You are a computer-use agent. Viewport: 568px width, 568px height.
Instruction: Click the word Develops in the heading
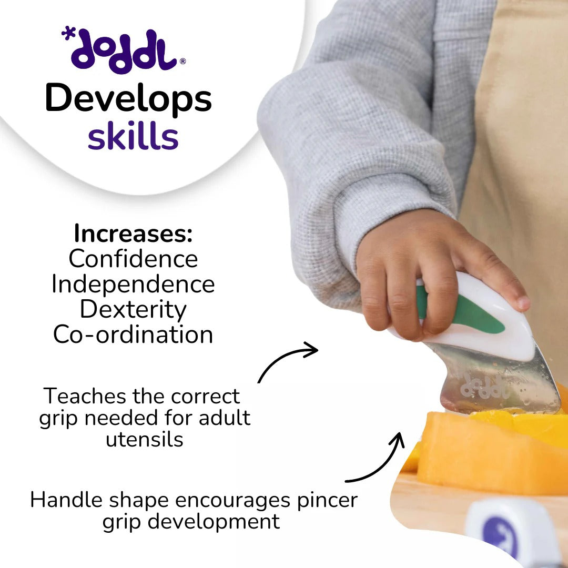tap(128, 99)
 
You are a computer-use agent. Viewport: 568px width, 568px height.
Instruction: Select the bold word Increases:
tap(133, 234)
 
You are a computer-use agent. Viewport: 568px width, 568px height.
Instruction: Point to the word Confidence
tap(133, 259)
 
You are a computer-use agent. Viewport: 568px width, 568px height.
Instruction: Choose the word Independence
tap(133, 284)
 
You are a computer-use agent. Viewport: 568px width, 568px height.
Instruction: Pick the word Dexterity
tap(133, 309)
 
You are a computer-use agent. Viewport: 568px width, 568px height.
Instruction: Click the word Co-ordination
tap(133, 334)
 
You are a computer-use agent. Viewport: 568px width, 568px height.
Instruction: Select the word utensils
tap(145, 439)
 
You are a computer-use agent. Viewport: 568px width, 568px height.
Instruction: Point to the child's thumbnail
tap(523, 302)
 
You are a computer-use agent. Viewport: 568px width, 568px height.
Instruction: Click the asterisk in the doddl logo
tap(67, 34)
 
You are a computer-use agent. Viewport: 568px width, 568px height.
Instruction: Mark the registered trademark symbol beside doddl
tap(182, 62)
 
